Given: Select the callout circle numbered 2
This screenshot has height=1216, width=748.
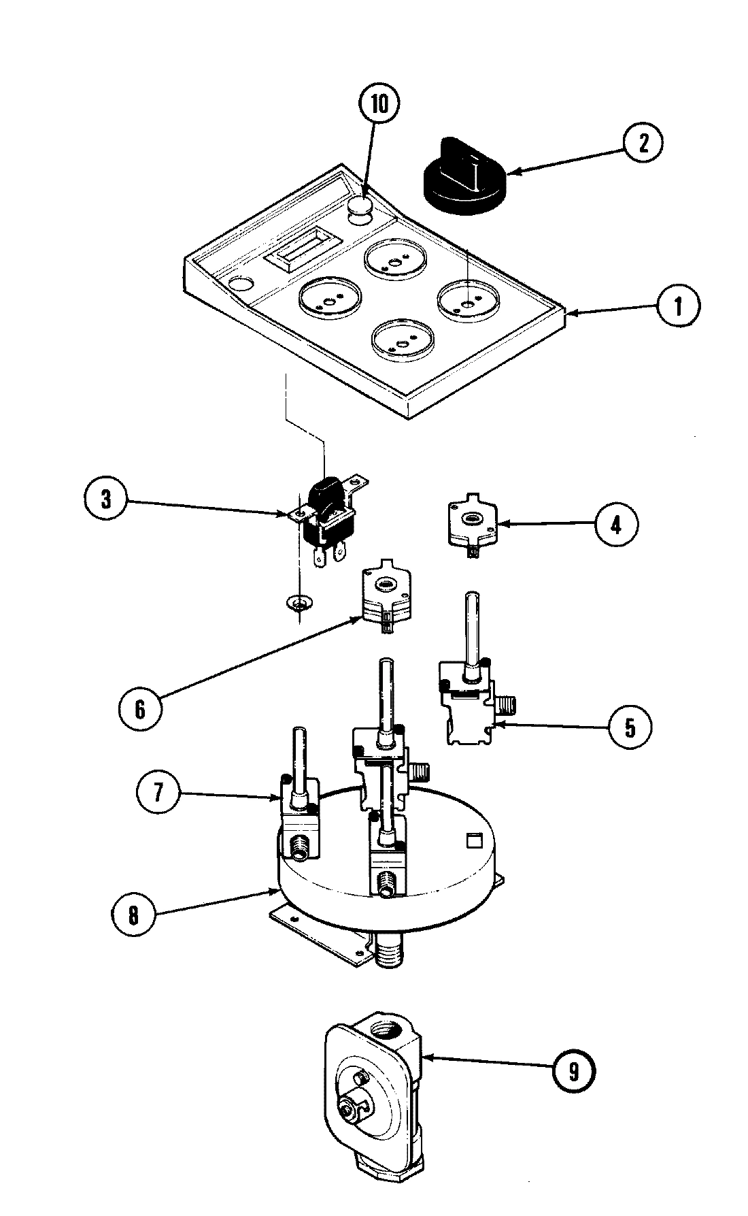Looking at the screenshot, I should (x=642, y=142).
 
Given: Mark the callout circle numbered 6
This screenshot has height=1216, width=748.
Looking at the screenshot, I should (x=139, y=710).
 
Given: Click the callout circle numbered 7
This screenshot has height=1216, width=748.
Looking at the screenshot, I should (x=158, y=794).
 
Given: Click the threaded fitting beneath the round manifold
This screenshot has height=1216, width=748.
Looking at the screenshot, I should (x=388, y=947).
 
